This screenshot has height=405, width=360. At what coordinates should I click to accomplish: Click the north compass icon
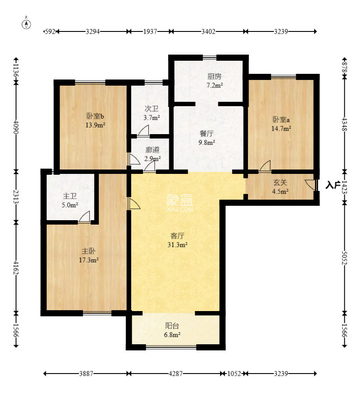(27, 24)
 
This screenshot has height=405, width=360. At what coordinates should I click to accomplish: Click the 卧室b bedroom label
(95, 116)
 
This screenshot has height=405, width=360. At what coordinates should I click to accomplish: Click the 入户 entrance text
(332, 185)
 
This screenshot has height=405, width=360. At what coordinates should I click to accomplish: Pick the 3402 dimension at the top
(208, 31)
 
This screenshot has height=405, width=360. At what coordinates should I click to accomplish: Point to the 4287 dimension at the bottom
(176, 374)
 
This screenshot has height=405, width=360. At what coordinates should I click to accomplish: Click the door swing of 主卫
(85, 216)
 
